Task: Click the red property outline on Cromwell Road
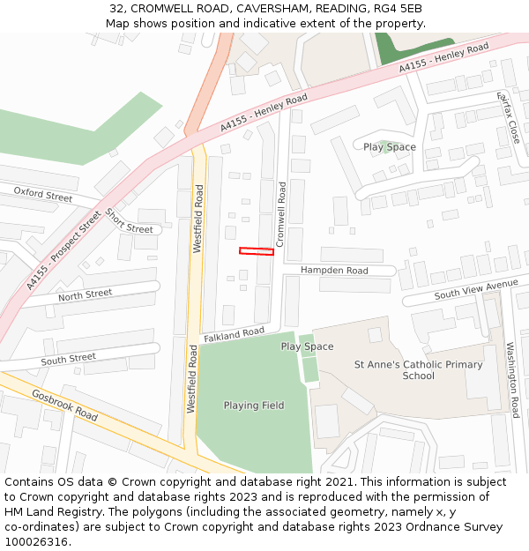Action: tap(257, 251)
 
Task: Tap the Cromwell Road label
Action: tap(282, 213)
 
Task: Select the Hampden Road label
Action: tap(334, 271)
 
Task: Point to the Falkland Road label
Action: tap(234, 335)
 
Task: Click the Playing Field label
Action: tap(254, 406)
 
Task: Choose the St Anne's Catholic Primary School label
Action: tap(419, 370)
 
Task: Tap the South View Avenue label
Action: tap(476, 290)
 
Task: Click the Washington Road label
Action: tap(512, 380)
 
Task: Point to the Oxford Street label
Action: tap(43, 194)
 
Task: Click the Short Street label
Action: tap(129, 221)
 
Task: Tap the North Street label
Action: tap(86, 294)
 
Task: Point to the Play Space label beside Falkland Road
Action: tap(307, 346)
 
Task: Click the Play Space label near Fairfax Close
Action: tap(390, 147)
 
